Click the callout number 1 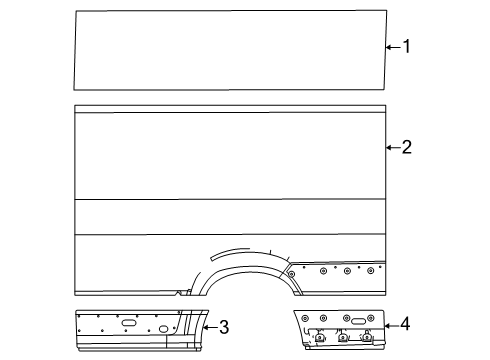point(407,45)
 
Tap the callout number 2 point(407,148)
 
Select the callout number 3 point(225,326)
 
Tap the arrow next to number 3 point(211,326)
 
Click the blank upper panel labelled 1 point(230,50)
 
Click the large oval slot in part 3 point(129,323)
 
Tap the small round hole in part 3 point(164,329)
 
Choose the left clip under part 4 point(319,337)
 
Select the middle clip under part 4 point(343,337)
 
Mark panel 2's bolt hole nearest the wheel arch point(290,271)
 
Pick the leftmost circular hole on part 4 point(308,319)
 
